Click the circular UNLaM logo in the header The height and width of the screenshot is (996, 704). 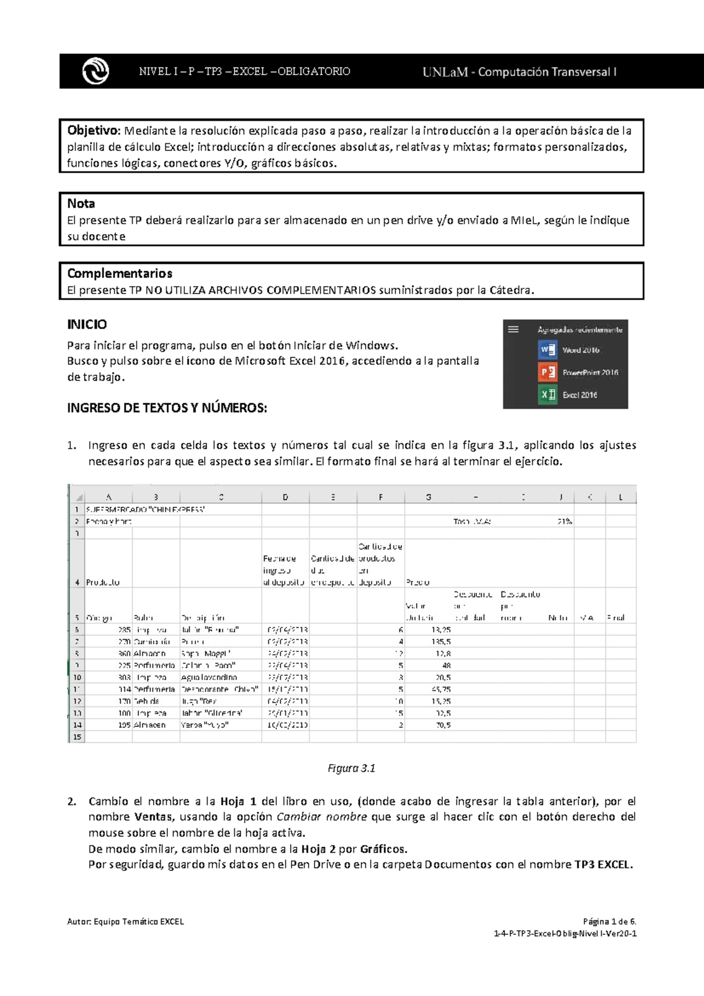point(96,72)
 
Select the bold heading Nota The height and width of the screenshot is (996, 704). point(81,204)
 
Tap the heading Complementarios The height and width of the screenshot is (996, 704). point(120,274)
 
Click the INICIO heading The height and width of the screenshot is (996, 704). point(87,325)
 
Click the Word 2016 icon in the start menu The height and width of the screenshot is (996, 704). point(547,350)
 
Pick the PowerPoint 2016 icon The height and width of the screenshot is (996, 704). point(547,372)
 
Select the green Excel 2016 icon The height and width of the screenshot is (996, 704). point(547,395)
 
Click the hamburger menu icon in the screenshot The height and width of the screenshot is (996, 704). point(513,329)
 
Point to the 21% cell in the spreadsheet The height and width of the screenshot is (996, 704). point(564,521)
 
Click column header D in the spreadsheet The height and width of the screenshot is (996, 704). point(285,497)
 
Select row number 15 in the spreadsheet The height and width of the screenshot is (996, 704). point(77,737)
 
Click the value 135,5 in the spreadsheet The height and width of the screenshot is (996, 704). point(441,642)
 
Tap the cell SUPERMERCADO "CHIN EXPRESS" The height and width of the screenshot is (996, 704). point(145,510)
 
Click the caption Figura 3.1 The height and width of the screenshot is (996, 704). point(351,769)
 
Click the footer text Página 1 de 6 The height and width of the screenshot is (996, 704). point(610,921)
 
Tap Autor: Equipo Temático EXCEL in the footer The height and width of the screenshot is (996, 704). point(126,921)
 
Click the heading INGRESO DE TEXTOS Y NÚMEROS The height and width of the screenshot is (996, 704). point(167,408)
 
